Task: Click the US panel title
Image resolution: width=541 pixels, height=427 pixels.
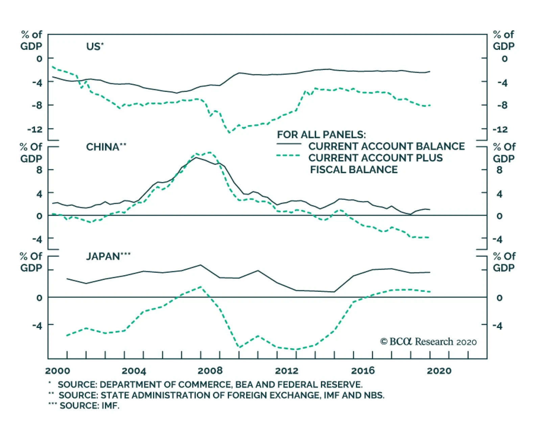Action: coord(95,46)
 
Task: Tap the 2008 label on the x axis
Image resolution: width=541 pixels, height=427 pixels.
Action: coord(210,371)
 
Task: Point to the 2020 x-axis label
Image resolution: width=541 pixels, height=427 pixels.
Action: coord(439,371)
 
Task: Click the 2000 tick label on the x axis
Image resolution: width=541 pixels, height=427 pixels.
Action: coord(57,371)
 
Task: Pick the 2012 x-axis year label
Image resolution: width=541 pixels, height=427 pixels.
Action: coord(286,371)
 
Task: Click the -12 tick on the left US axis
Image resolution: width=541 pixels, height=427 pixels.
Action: coord(35,129)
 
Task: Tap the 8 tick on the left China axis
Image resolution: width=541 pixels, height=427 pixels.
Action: coord(39,170)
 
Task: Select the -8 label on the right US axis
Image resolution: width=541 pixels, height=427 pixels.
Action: coord(502,105)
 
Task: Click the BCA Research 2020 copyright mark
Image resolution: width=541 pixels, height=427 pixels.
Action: coord(428,342)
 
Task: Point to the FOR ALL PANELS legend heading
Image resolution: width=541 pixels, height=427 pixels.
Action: coord(321,135)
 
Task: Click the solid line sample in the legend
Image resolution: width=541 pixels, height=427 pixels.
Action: coord(289,144)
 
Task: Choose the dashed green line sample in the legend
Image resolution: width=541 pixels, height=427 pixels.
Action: coord(289,156)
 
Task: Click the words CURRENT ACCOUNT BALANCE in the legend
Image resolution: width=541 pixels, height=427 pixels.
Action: coord(386,146)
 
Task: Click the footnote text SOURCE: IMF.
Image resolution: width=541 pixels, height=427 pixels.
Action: coord(89,406)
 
